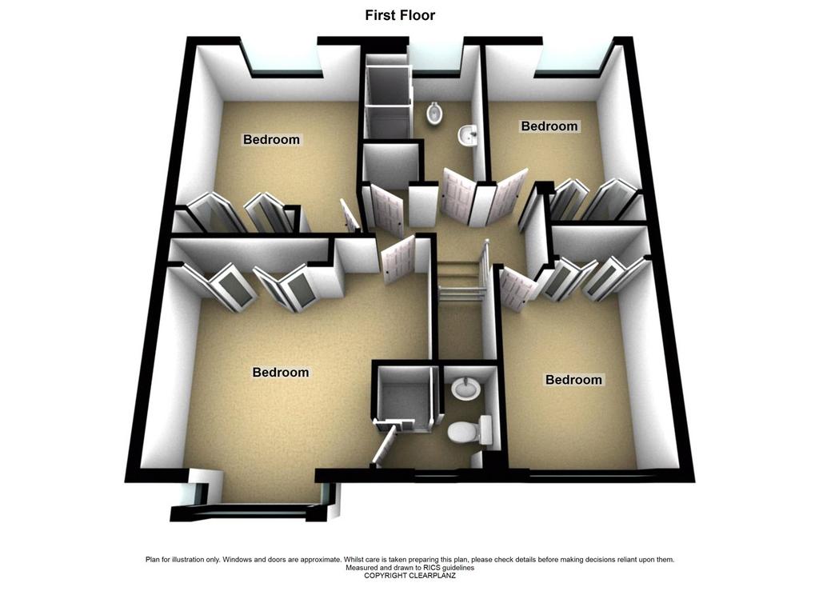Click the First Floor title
pyautogui.click(x=400, y=15)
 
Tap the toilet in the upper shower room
pyautogui.click(x=433, y=113)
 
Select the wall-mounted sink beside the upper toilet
pyautogui.click(x=469, y=136)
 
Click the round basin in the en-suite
pyautogui.click(x=465, y=389)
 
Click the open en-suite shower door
pyautogui.click(x=385, y=442)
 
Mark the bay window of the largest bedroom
pyautogui.click(x=255, y=499)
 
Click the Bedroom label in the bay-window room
pyautogui.click(x=281, y=372)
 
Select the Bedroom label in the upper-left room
pyautogui.click(x=272, y=139)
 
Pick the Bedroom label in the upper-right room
pyautogui.click(x=549, y=126)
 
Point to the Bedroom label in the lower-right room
pyautogui.click(x=573, y=379)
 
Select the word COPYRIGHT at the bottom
pyautogui.click(x=386, y=576)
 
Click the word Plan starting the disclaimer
pyautogui.click(x=152, y=560)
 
